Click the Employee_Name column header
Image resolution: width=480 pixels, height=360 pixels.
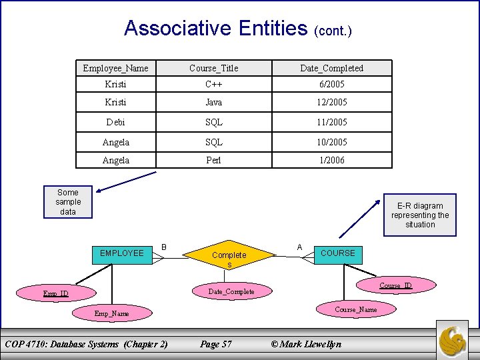[116, 68]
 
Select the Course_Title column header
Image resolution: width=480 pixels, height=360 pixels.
[213, 68]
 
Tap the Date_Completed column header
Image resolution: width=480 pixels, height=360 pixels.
[331, 68]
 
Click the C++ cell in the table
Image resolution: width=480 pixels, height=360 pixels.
[213, 85]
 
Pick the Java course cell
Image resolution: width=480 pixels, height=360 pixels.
[213, 103]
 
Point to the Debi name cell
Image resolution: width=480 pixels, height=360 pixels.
[116, 122]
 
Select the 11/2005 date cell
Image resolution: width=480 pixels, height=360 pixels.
[331, 122]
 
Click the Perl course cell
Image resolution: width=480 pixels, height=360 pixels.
[213, 160]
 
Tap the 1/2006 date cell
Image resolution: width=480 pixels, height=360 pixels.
[331, 160]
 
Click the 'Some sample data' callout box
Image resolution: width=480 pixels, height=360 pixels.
[67, 202]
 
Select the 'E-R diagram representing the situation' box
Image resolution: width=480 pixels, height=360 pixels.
[420, 215]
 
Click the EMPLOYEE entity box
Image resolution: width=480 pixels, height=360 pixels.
[121, 253]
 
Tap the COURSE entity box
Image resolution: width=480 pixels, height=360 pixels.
[338, 253]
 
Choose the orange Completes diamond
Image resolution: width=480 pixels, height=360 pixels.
[229, 257]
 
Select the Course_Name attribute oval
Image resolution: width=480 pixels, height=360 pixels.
[355, 309]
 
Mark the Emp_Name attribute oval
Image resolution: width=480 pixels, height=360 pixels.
[111, 313]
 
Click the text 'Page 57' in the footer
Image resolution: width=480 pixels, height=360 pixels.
[216, 344]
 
